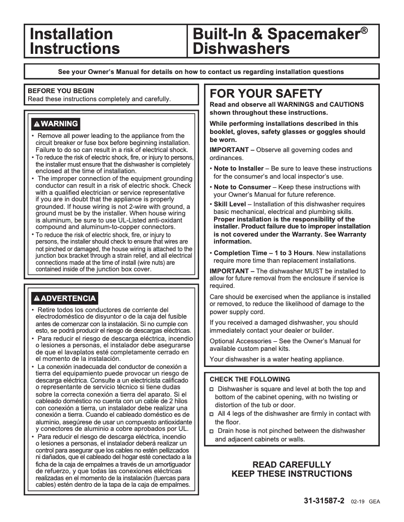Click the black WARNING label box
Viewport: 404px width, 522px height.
[x=55, y=124]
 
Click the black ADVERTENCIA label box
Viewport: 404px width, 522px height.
[x=64, y=298]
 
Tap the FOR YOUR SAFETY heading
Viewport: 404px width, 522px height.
[x=265, y=94]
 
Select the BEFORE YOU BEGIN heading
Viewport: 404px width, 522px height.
[x=60, y=91]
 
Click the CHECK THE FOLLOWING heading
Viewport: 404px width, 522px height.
[x=250, y=379]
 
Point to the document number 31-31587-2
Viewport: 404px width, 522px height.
[x=324, y=502]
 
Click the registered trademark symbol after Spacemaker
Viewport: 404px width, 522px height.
[x=363, y=31]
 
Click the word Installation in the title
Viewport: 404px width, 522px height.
[x=71, y=35]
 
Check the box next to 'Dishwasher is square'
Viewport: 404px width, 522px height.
[x=212, y=390]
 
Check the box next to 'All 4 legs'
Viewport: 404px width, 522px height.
[x=212, y=414]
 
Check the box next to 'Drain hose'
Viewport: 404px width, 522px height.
[x=212, y=431]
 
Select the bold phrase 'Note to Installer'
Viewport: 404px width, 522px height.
[x=238, y=169]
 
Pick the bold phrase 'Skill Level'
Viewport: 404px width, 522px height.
[x=230, y=204]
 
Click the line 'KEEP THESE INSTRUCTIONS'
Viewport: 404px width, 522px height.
[x=292, y=474]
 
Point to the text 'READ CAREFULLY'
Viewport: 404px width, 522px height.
[x=292, y=465]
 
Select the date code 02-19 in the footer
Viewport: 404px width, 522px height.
[x=358, y=502]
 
